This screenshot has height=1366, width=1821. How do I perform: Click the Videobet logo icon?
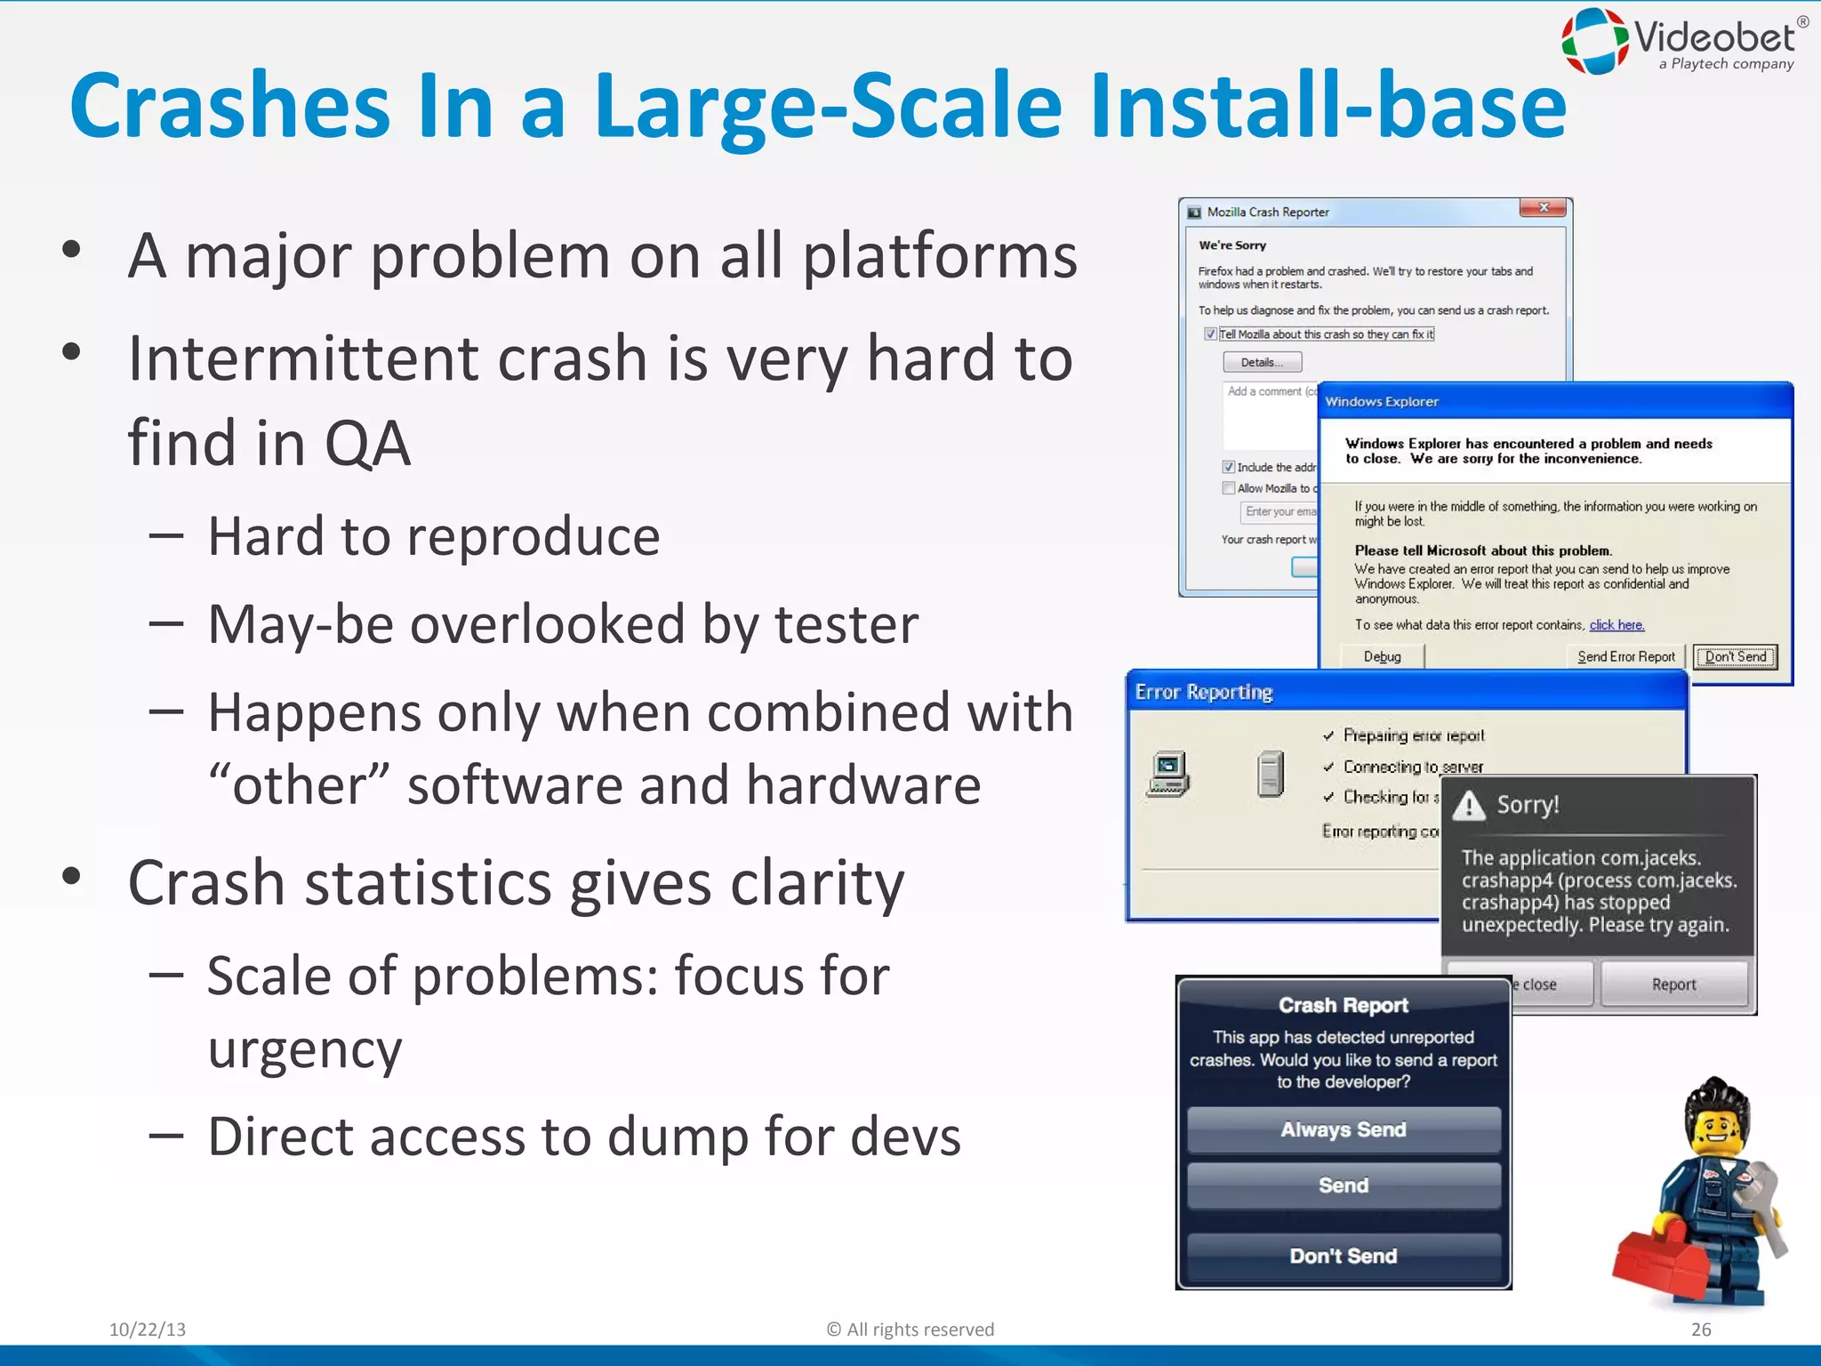click(x=1595, y=41)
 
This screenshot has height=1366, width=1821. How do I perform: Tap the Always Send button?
click(x=1343, y=1129)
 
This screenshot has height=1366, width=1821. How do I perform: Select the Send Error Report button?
click(x=1625, y=656)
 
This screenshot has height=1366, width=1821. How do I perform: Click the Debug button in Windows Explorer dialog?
click(x=1382, y=656)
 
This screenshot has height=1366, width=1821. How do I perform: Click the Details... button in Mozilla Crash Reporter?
click(x=1262, y=362)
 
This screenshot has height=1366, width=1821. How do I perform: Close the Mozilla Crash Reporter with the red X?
click(x=1544, y=207)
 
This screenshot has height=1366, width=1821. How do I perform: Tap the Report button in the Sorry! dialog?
click(x=1673, y=984)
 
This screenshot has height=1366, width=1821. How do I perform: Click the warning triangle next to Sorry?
click(x=1469, y=806)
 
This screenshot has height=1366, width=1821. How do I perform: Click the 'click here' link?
click(x=1616, y=625)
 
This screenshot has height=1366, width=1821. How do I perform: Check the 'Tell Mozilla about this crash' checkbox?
click(x=1209, y=334)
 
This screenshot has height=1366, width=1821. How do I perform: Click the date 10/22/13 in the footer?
click(x=148, y=1330)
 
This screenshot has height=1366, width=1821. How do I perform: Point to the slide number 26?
click(x=1700, y=1330)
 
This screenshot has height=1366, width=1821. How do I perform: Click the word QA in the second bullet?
click(x=366, y=443)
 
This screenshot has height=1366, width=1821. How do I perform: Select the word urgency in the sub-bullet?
click(x=304, y=1049)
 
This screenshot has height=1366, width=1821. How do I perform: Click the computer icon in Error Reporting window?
click(x=1168, y=774)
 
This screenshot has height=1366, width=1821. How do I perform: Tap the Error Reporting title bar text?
click(x=1204, y=692)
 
